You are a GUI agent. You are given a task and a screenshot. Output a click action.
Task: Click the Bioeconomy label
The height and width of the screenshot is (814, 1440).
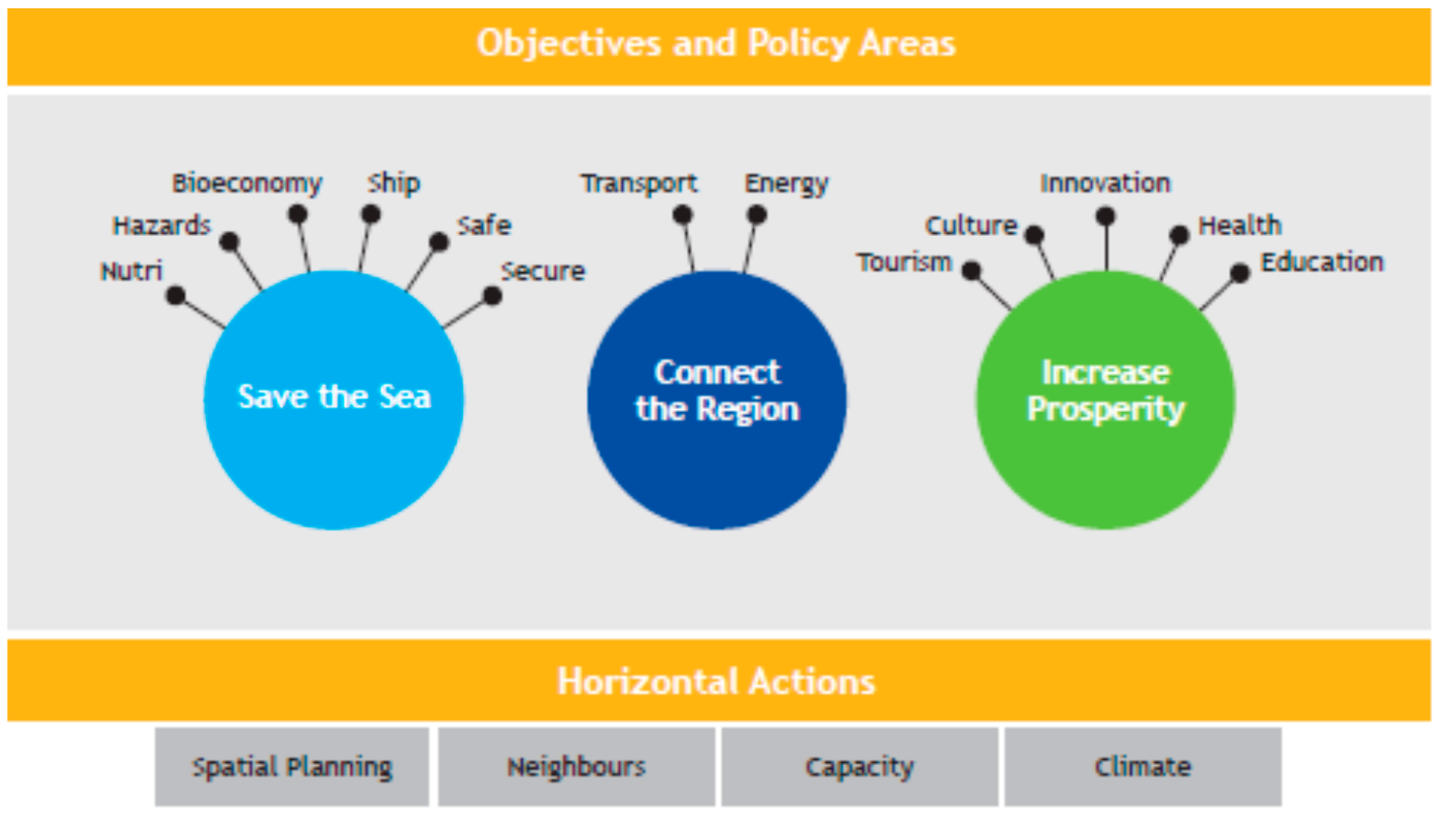[x=247, y=183]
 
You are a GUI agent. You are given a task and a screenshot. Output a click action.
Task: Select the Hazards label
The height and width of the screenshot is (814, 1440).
[x=162, y=226]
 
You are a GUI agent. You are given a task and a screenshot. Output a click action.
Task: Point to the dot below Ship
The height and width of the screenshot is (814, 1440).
[x=371, y=214]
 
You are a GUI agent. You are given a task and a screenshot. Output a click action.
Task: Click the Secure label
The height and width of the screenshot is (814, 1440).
[x=542, y=271]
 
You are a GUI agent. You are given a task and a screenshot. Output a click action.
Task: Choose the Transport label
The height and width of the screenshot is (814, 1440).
[x=639, y=183]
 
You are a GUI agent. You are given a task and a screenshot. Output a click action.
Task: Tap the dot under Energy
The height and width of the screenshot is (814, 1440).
[x=757, y=215]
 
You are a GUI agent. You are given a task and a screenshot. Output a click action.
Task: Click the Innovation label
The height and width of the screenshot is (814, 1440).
[x=1105, y=183]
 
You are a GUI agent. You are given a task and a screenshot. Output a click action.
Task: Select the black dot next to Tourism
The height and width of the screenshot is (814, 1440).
[x=971, y=270]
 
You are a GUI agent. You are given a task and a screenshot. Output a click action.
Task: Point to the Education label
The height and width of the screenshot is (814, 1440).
[x=1322, y=261]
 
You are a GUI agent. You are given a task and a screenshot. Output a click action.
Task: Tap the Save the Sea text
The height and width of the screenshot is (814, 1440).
[x=335, y=396]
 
